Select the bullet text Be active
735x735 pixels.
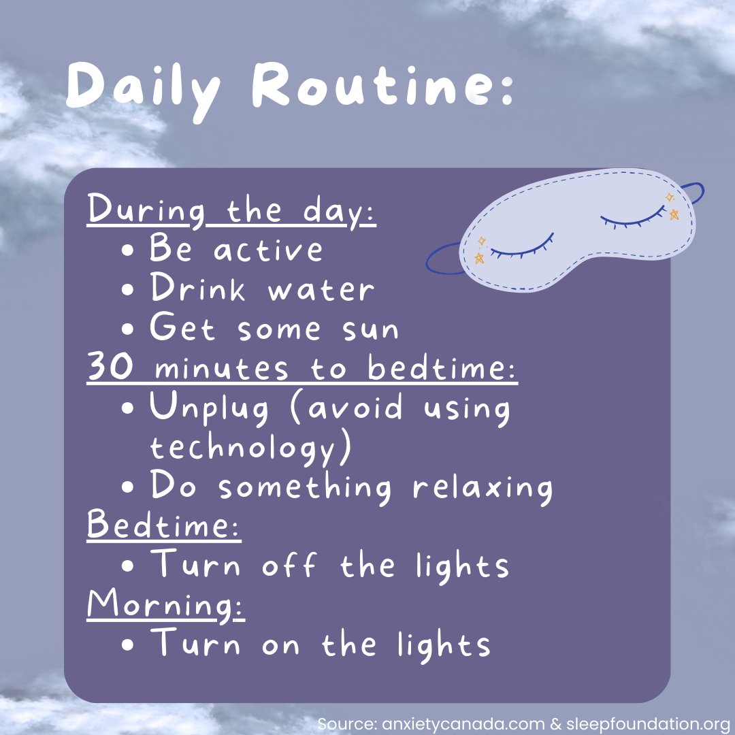(235, 249)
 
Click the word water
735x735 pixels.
(321, 290)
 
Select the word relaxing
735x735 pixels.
(483, 487)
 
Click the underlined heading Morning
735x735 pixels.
(165, 605)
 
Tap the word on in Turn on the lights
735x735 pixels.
(280, 645)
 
